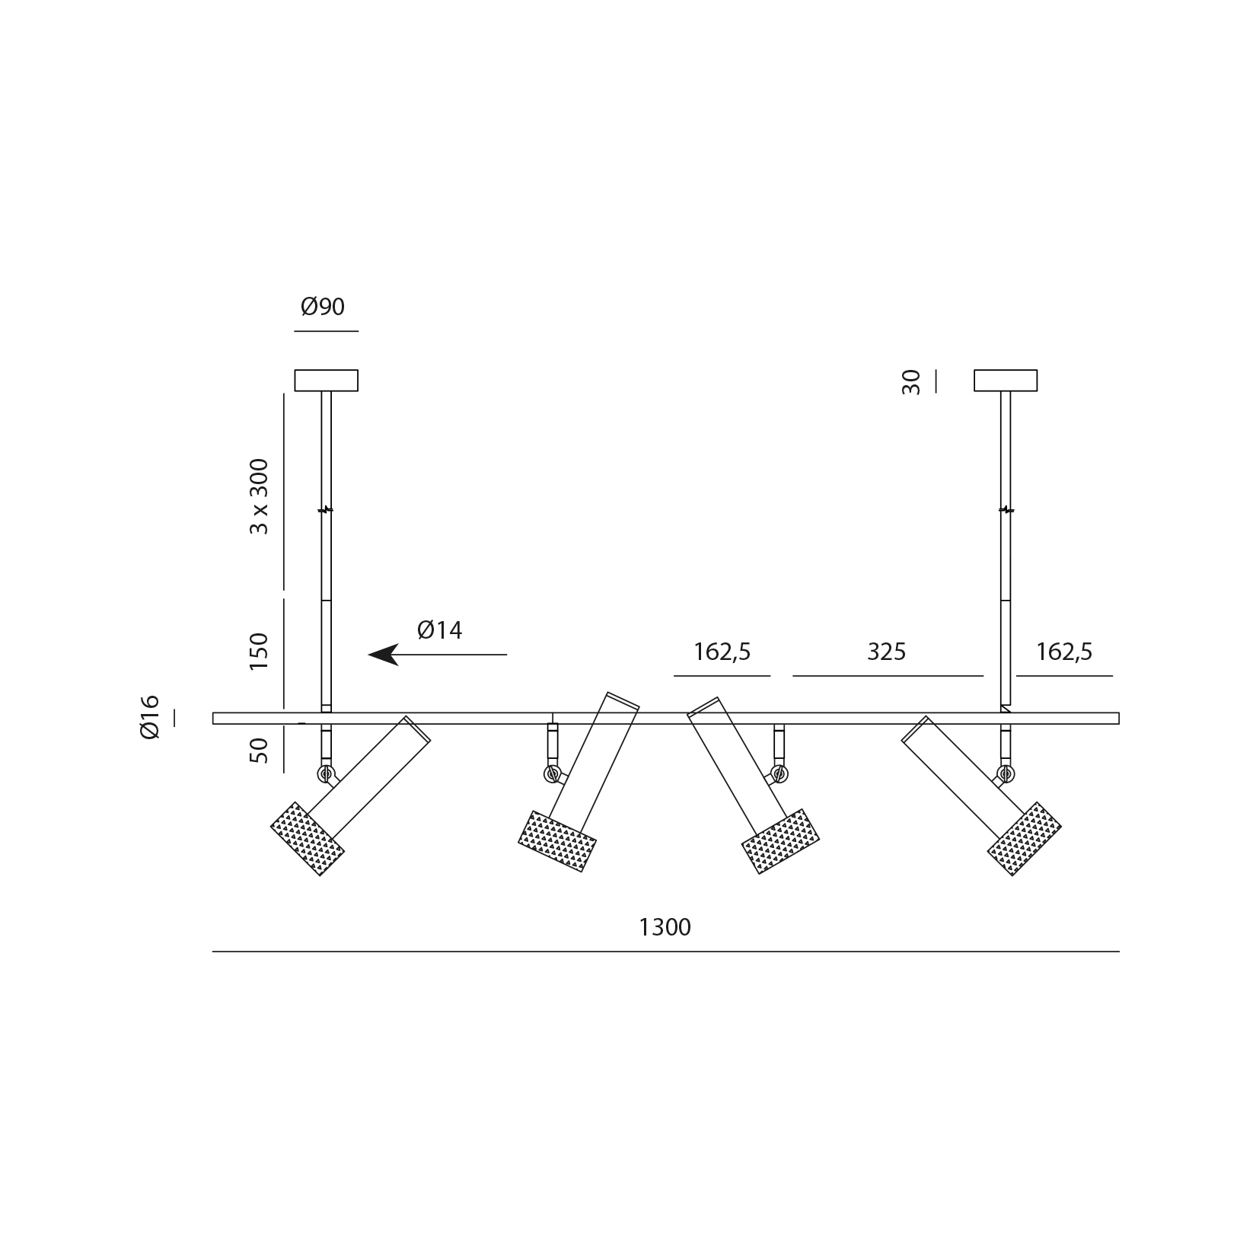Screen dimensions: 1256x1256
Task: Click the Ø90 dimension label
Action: coord(323,307)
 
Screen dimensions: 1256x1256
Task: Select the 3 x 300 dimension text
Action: coord(260,496)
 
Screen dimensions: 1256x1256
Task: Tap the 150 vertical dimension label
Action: coord(260,651)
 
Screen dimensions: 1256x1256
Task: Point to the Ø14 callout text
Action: coord(440,630)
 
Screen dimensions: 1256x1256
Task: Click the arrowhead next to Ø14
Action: coord(384,655)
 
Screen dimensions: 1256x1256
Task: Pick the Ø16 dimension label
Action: coord(150,716)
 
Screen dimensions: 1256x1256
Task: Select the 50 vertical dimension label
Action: coord(260,751)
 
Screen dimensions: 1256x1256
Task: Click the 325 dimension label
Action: coord(887,652)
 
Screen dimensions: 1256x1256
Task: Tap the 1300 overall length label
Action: coord(665,927)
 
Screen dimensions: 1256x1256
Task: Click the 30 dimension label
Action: coord(911,381)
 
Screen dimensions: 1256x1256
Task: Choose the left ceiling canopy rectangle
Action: coord(327,380)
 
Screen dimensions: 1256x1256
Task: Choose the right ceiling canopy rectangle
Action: coord(1006,380)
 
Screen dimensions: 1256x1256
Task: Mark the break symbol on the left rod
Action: coord(327,509)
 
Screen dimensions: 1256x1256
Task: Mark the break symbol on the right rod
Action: coord(1006,509)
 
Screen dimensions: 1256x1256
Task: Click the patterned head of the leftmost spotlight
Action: coord(308,838)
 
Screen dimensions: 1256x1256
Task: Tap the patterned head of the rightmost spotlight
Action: coord(1025,838)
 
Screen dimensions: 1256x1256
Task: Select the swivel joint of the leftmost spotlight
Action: coord(327,774)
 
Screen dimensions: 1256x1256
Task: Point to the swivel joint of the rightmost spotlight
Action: coord(1006,774)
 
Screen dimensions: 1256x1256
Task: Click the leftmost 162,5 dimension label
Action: coord(722,652)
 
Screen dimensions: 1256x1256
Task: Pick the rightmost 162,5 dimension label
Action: coord(1064,652)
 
